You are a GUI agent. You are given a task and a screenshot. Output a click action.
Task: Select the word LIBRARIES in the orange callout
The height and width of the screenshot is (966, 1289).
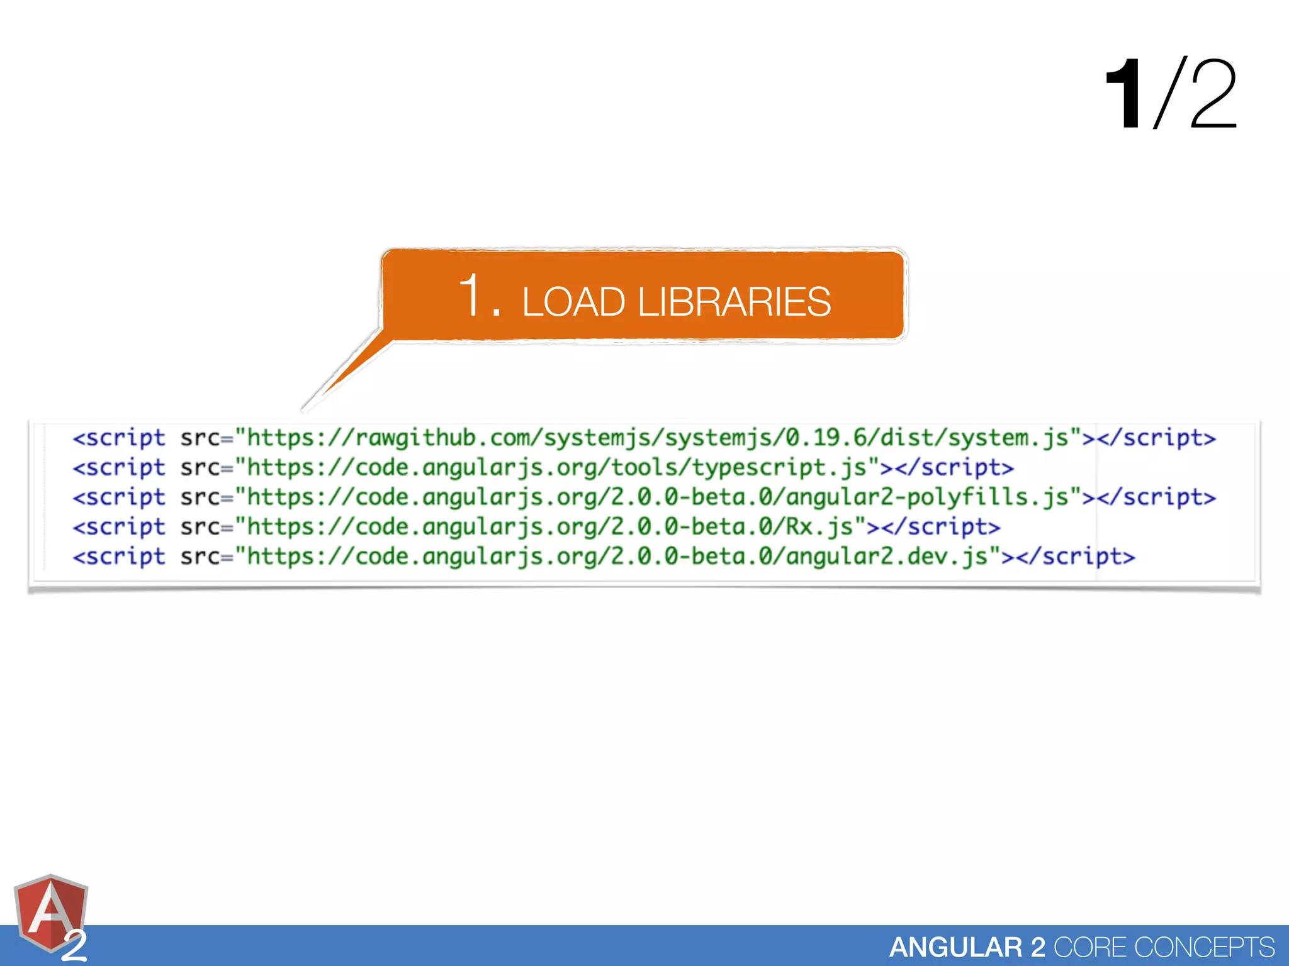734,302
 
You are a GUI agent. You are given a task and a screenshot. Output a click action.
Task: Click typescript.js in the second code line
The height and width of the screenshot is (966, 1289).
779,468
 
